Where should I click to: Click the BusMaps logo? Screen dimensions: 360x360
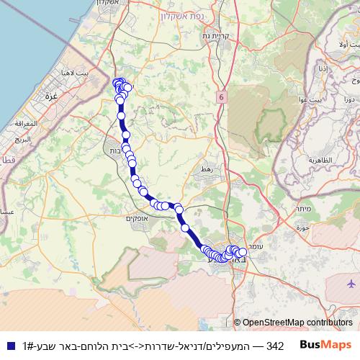[325, 345]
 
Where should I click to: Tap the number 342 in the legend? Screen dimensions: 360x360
[274, 346]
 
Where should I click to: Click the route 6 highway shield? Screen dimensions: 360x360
[222, 96]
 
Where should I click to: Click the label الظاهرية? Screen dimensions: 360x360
[324, 159]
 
